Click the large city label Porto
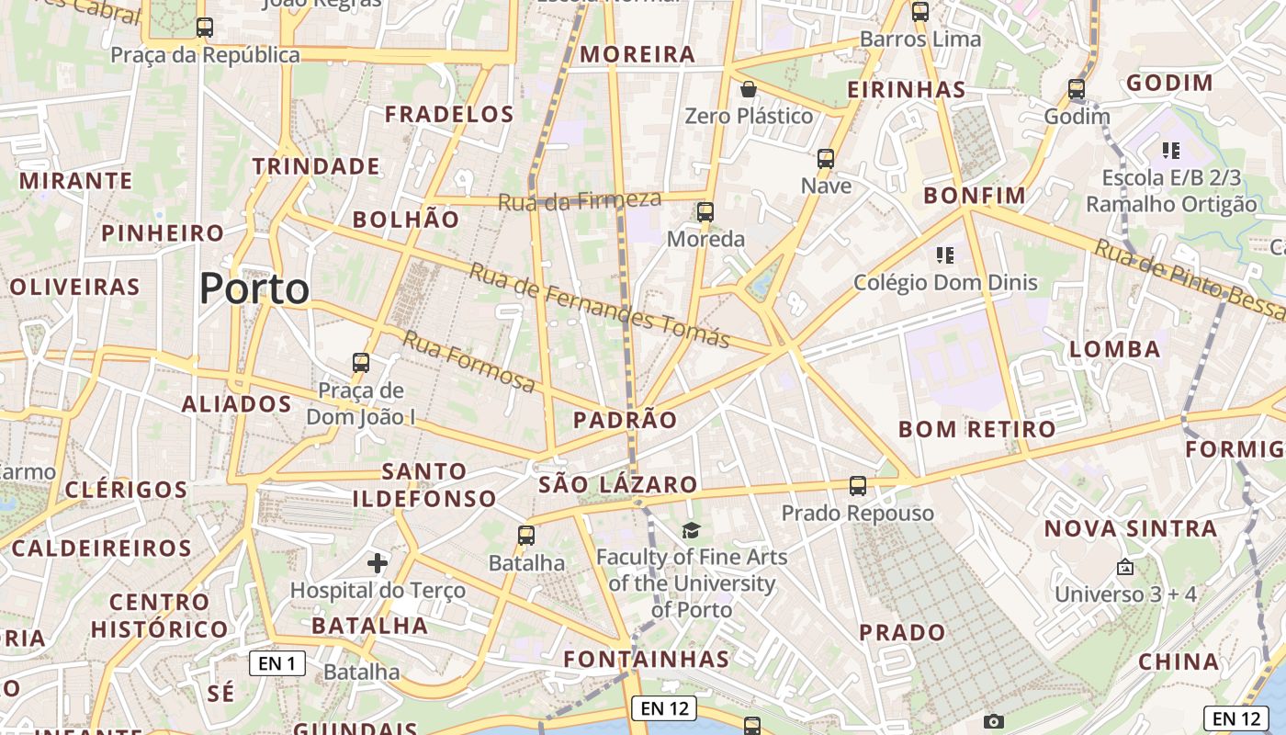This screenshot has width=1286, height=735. [254, 289]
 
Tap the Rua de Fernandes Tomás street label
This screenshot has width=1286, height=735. [599, 305]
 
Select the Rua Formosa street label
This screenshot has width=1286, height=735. [468, 361]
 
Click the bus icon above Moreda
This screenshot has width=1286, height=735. [705, 212]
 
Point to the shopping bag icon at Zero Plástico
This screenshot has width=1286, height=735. [749, 89]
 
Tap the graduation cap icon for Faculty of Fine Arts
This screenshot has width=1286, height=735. [691, 530]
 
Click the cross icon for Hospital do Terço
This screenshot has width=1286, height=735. [377, 562]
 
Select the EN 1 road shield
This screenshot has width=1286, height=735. [277, 663]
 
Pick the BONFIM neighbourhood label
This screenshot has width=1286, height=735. [974, 196]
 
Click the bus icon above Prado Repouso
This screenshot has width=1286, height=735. [858, 486]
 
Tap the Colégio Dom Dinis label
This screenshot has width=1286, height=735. [945, 282]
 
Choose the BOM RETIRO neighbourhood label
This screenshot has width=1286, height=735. [976, 429]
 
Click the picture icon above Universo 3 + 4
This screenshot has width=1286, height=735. [1124, 568]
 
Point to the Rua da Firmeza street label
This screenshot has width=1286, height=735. [579, 200]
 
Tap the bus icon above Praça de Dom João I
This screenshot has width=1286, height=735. [361, 363]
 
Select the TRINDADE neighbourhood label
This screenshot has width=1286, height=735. [316, 166]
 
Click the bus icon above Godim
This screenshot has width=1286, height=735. [1077, 90]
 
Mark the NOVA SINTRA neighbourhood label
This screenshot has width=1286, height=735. [1130, 528]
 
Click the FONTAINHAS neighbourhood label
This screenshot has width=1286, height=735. [646, 659]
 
